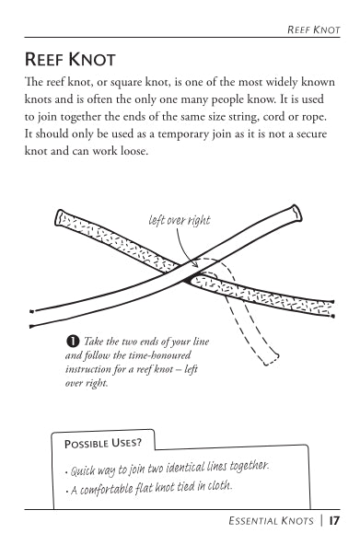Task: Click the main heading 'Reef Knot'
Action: point(70,59)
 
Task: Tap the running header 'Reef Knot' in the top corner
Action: point(314,30)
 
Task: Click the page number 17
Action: point(334,521)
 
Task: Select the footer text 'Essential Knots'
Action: point(271,521)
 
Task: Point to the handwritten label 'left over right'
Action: point(180,220)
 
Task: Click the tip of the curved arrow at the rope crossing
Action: point(198,267)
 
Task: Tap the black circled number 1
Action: point(73,342)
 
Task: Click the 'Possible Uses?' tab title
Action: point(103,443)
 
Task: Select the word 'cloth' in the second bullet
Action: point(220,485)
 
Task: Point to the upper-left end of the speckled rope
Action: point(61,217)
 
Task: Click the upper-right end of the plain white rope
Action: point(296,213)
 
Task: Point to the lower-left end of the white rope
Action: point(32,319)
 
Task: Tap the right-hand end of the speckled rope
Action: point(332,309)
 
